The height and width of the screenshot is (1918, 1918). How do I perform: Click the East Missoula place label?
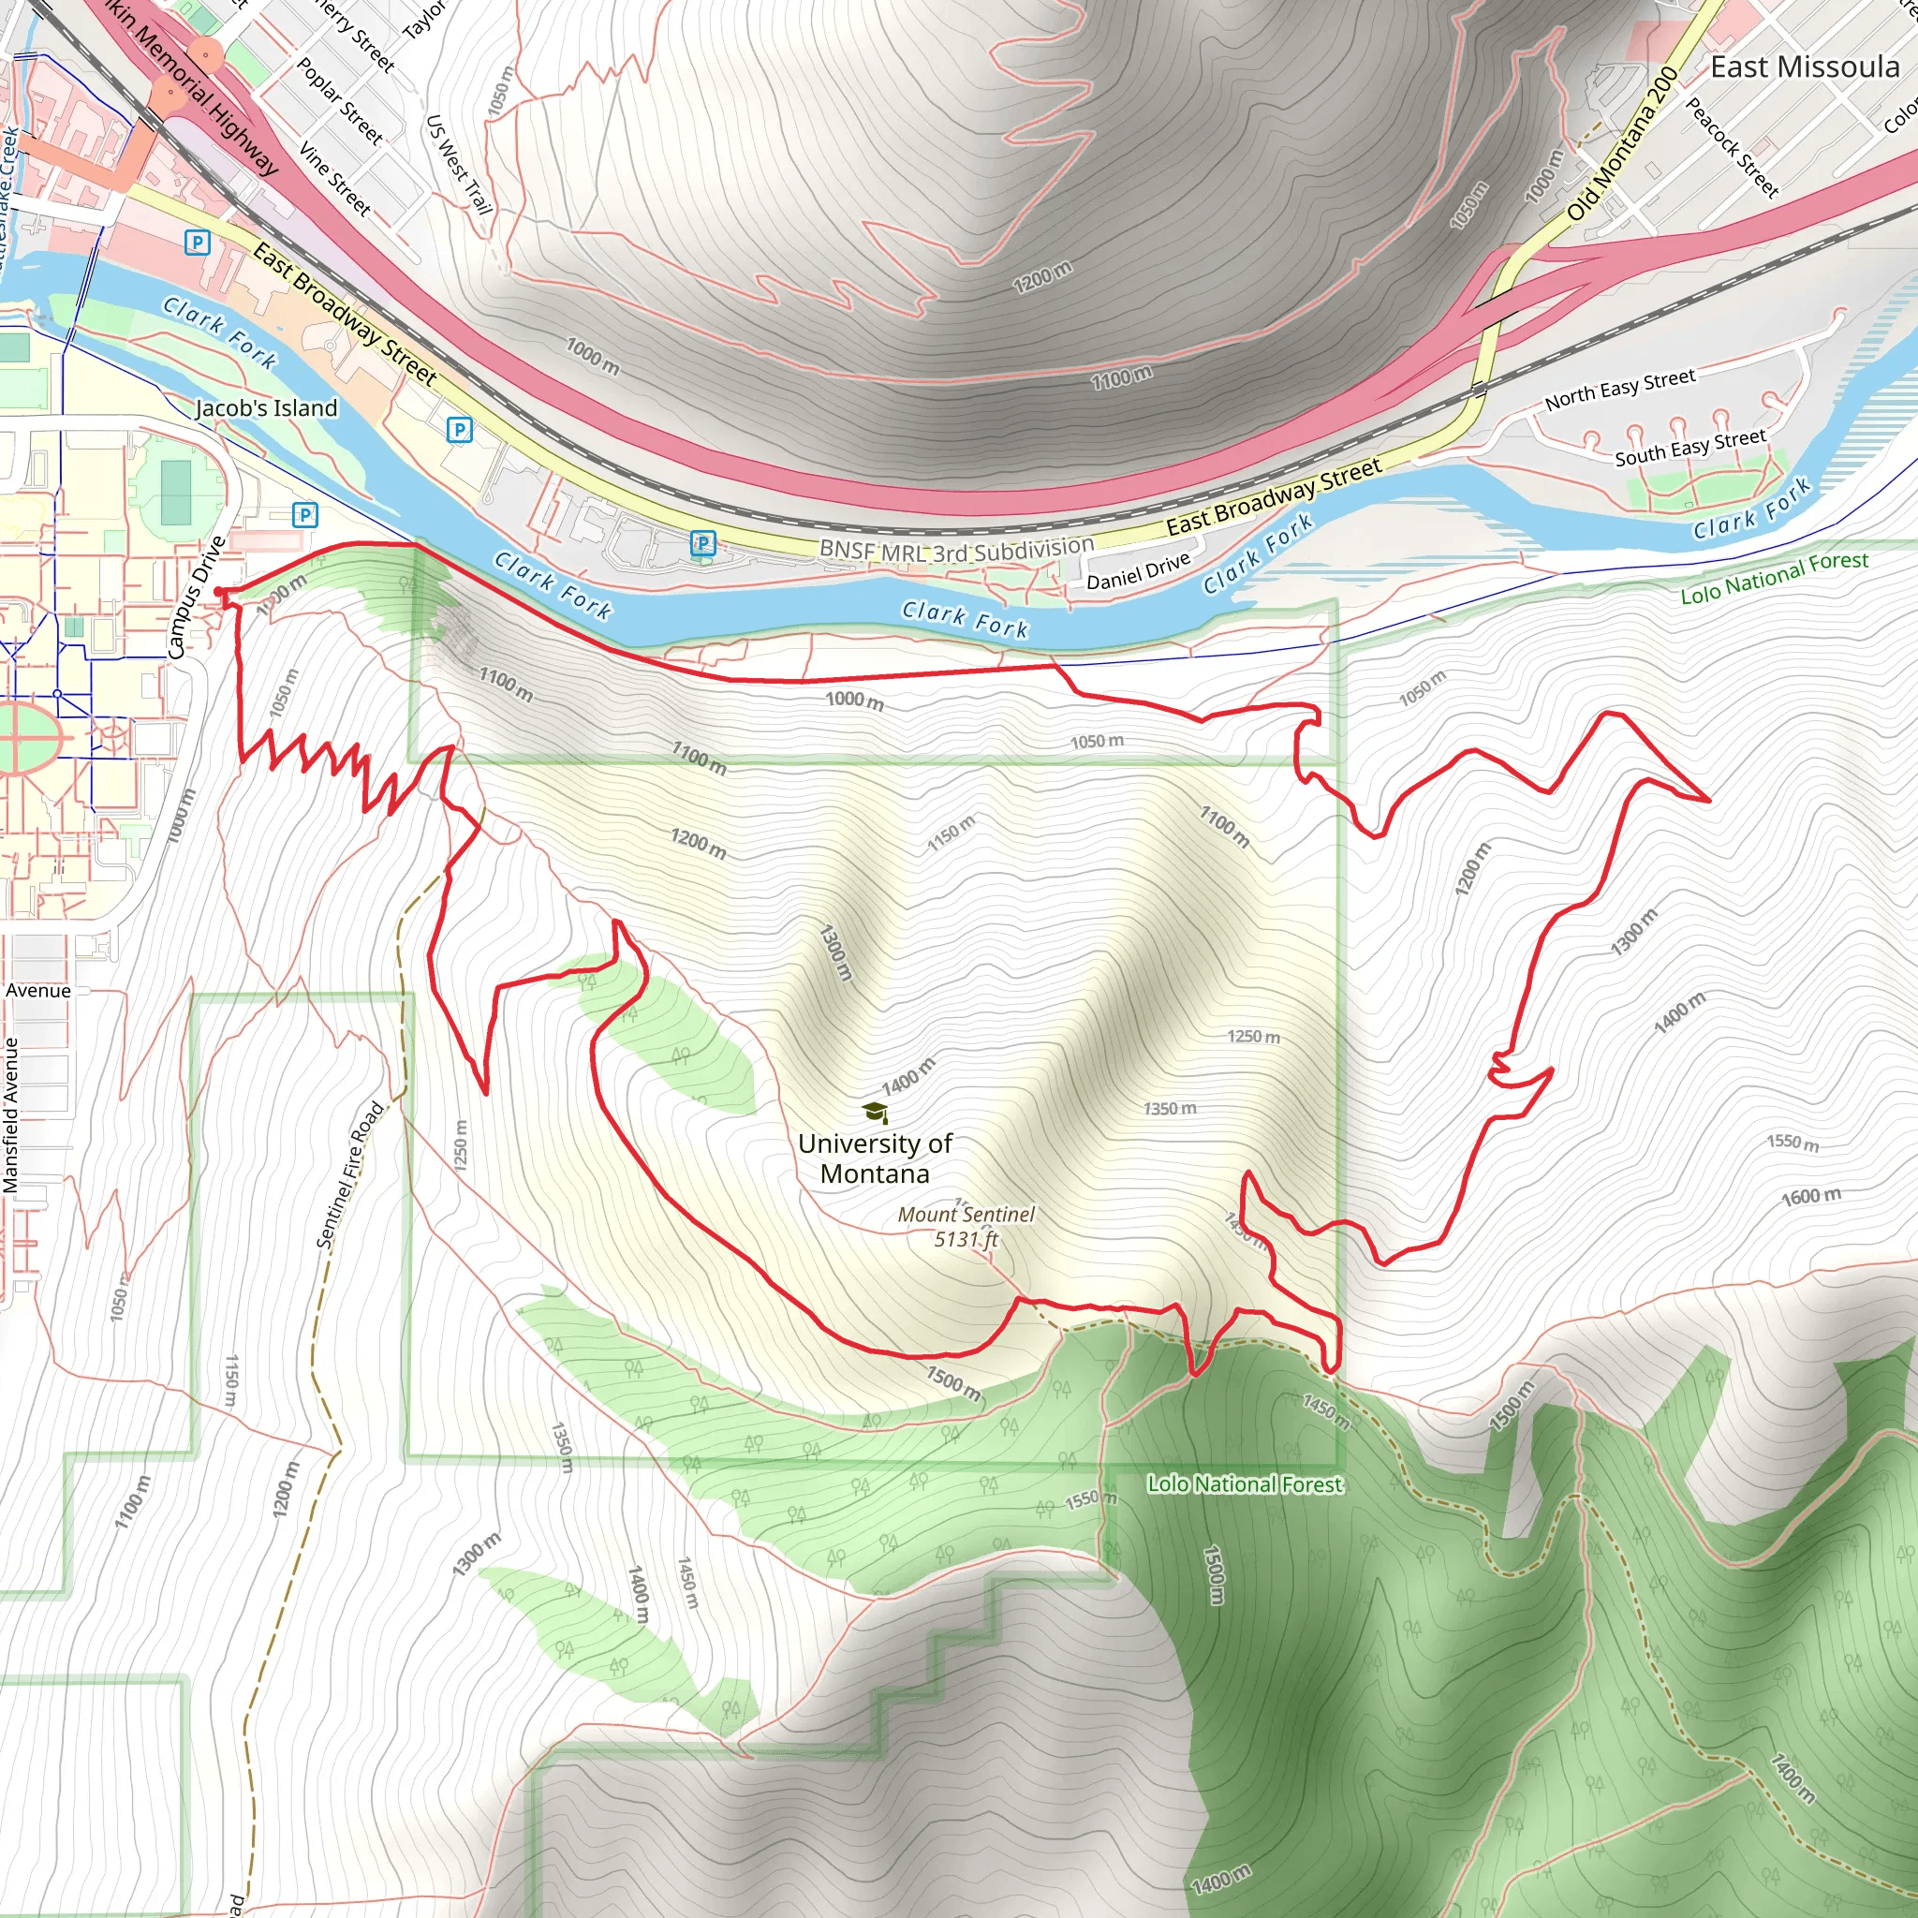pos(1804,67)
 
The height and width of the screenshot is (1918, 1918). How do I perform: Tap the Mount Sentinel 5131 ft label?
pos(966,1226)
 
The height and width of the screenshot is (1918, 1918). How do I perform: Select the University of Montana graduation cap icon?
pos(875,1112)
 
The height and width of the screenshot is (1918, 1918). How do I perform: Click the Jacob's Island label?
pos(266,408)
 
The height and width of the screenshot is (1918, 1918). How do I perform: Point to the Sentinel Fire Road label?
pos(349,1174)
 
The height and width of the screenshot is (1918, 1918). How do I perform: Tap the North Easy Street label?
pos(1619,390)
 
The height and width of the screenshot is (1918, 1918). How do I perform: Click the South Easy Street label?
pos(1689,448)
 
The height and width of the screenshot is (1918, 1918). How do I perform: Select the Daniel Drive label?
pos(1138,571)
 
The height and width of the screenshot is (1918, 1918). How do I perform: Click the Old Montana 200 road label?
pos(1622,144)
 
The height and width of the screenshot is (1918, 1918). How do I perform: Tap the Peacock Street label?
pos(1733,147)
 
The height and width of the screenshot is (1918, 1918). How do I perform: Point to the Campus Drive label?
pos(197,598)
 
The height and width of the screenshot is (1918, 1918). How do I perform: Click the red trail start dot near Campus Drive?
pos(219,593)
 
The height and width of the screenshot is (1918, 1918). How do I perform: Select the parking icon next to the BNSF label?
pos(703,543)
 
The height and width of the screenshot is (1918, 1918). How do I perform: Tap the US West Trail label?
pos(459,165)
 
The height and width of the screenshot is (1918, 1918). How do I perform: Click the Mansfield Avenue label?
pos(11,1114)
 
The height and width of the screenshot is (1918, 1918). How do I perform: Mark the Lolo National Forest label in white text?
pos(1245,1484)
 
